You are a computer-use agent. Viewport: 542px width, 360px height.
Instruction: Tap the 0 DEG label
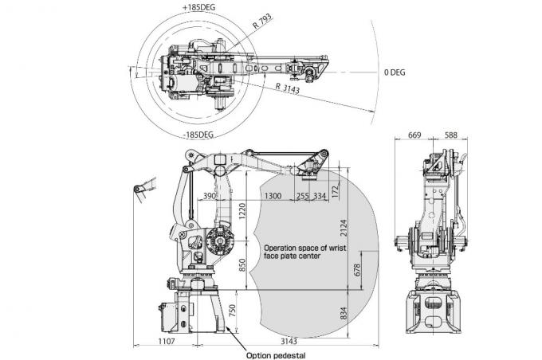coord(394,72)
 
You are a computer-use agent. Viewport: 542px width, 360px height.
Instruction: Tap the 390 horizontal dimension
coord(210,195)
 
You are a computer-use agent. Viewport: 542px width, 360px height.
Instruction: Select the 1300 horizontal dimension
coord(272,195)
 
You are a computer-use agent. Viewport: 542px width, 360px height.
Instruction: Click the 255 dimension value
coord(302,195)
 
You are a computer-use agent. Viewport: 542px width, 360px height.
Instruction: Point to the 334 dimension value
coord(320,195)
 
